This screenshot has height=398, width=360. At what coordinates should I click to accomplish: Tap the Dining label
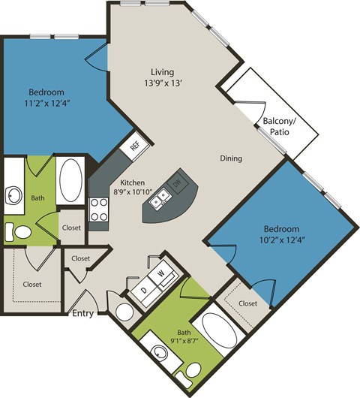coord(230,158)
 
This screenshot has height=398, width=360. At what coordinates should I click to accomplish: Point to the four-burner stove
coord(100,210)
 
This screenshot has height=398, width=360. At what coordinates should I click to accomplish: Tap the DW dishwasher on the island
coord(177,182)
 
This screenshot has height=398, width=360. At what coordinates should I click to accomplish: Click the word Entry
coord(82,313)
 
